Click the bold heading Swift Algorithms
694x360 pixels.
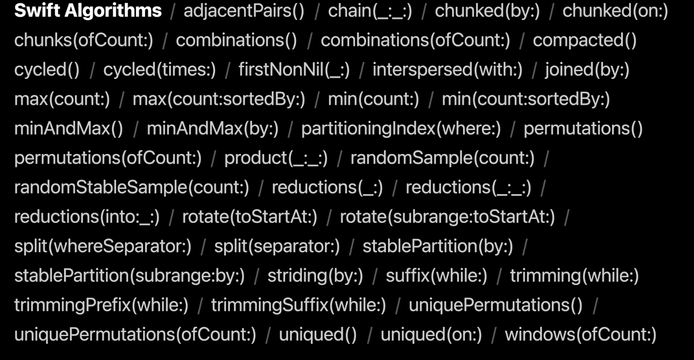pyautogui.click(x=88, y=11)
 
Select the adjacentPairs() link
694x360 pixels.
pyautogui.click(x=243, y=11)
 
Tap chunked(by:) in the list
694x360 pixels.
pyautogui.click(x=487, y=11)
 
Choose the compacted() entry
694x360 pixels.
pyautogui.click(x=584, y=40)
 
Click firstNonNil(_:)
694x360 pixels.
pyautogui.click(x=294, y=70)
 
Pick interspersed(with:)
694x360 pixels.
pyautogui.click(x=447, y=70)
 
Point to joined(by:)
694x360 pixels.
pyautogui.click(x=587, y=70)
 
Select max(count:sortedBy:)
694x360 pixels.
pyautogui.click(x=219, y=99)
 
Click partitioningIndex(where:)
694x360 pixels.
pyautogui.click(x=401, y=129)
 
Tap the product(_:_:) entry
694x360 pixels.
pyautogui.click(x=276, y=158)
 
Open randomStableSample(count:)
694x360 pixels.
pyautogui.click(x=132, y=187)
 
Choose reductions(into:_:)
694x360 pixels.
pyautogui.click(x=87, y=216)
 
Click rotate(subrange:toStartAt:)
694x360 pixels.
pyautogui.click(x=447, y=216)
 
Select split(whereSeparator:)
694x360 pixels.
pyautogui.click(x=103, y=246)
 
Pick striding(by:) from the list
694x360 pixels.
pyautogui.click(x=315, y=276)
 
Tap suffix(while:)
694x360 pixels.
pyautogui.click(x=437, y=276)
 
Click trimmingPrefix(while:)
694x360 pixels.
pyautogui.click(x=101, y=305)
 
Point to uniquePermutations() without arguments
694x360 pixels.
pyautogui.click(x=495, y=305)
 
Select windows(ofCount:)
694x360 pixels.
pyautogui.click(x=580, y=334)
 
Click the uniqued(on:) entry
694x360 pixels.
pyautogui.click(x=431, y=334)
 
